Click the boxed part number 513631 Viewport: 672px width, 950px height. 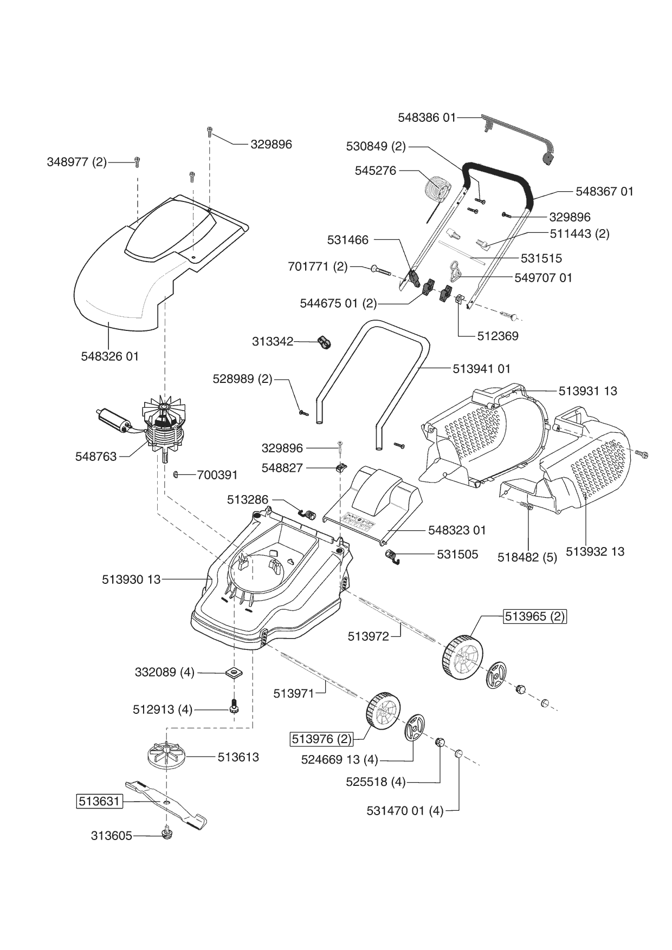click(x=99, y=801)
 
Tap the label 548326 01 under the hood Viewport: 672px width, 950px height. click(x=110, y=356)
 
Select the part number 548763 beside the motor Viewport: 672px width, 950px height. click(x=96, y=457)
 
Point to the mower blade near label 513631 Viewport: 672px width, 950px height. click(x=166, y=804)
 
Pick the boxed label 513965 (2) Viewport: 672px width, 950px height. click(x=535, y=616)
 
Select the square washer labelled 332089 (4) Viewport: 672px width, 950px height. click(x=234, y=673)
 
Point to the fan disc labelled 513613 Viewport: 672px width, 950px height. click(x=167, y=755)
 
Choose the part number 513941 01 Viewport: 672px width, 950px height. click(x=482, y=369)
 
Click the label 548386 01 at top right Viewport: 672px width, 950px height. click(x=427, y=117)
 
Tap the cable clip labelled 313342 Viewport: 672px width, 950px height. click(x=325, y=342)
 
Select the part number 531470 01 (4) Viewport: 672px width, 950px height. click(x=405, y=811)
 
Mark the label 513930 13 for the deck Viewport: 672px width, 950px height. click(x=131, y=580)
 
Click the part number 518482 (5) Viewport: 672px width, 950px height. click(x=527, y=557)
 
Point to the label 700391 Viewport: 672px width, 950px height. click(x=217, y=475)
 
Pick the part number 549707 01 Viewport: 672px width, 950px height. click(x=543, y=277)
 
